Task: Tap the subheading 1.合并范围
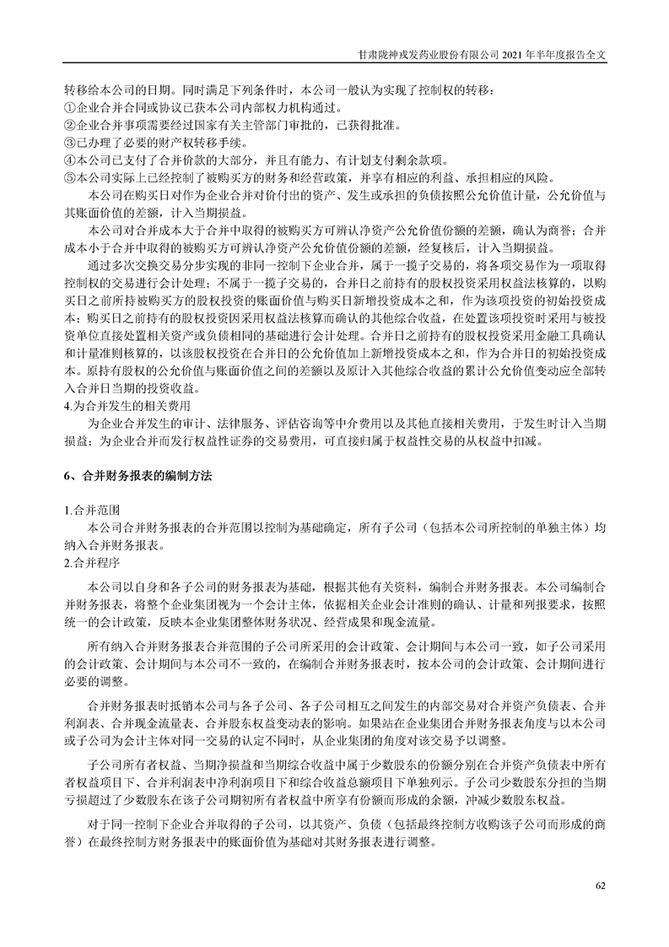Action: coord(92,511)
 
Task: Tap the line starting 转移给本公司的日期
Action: coord(279,89)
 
